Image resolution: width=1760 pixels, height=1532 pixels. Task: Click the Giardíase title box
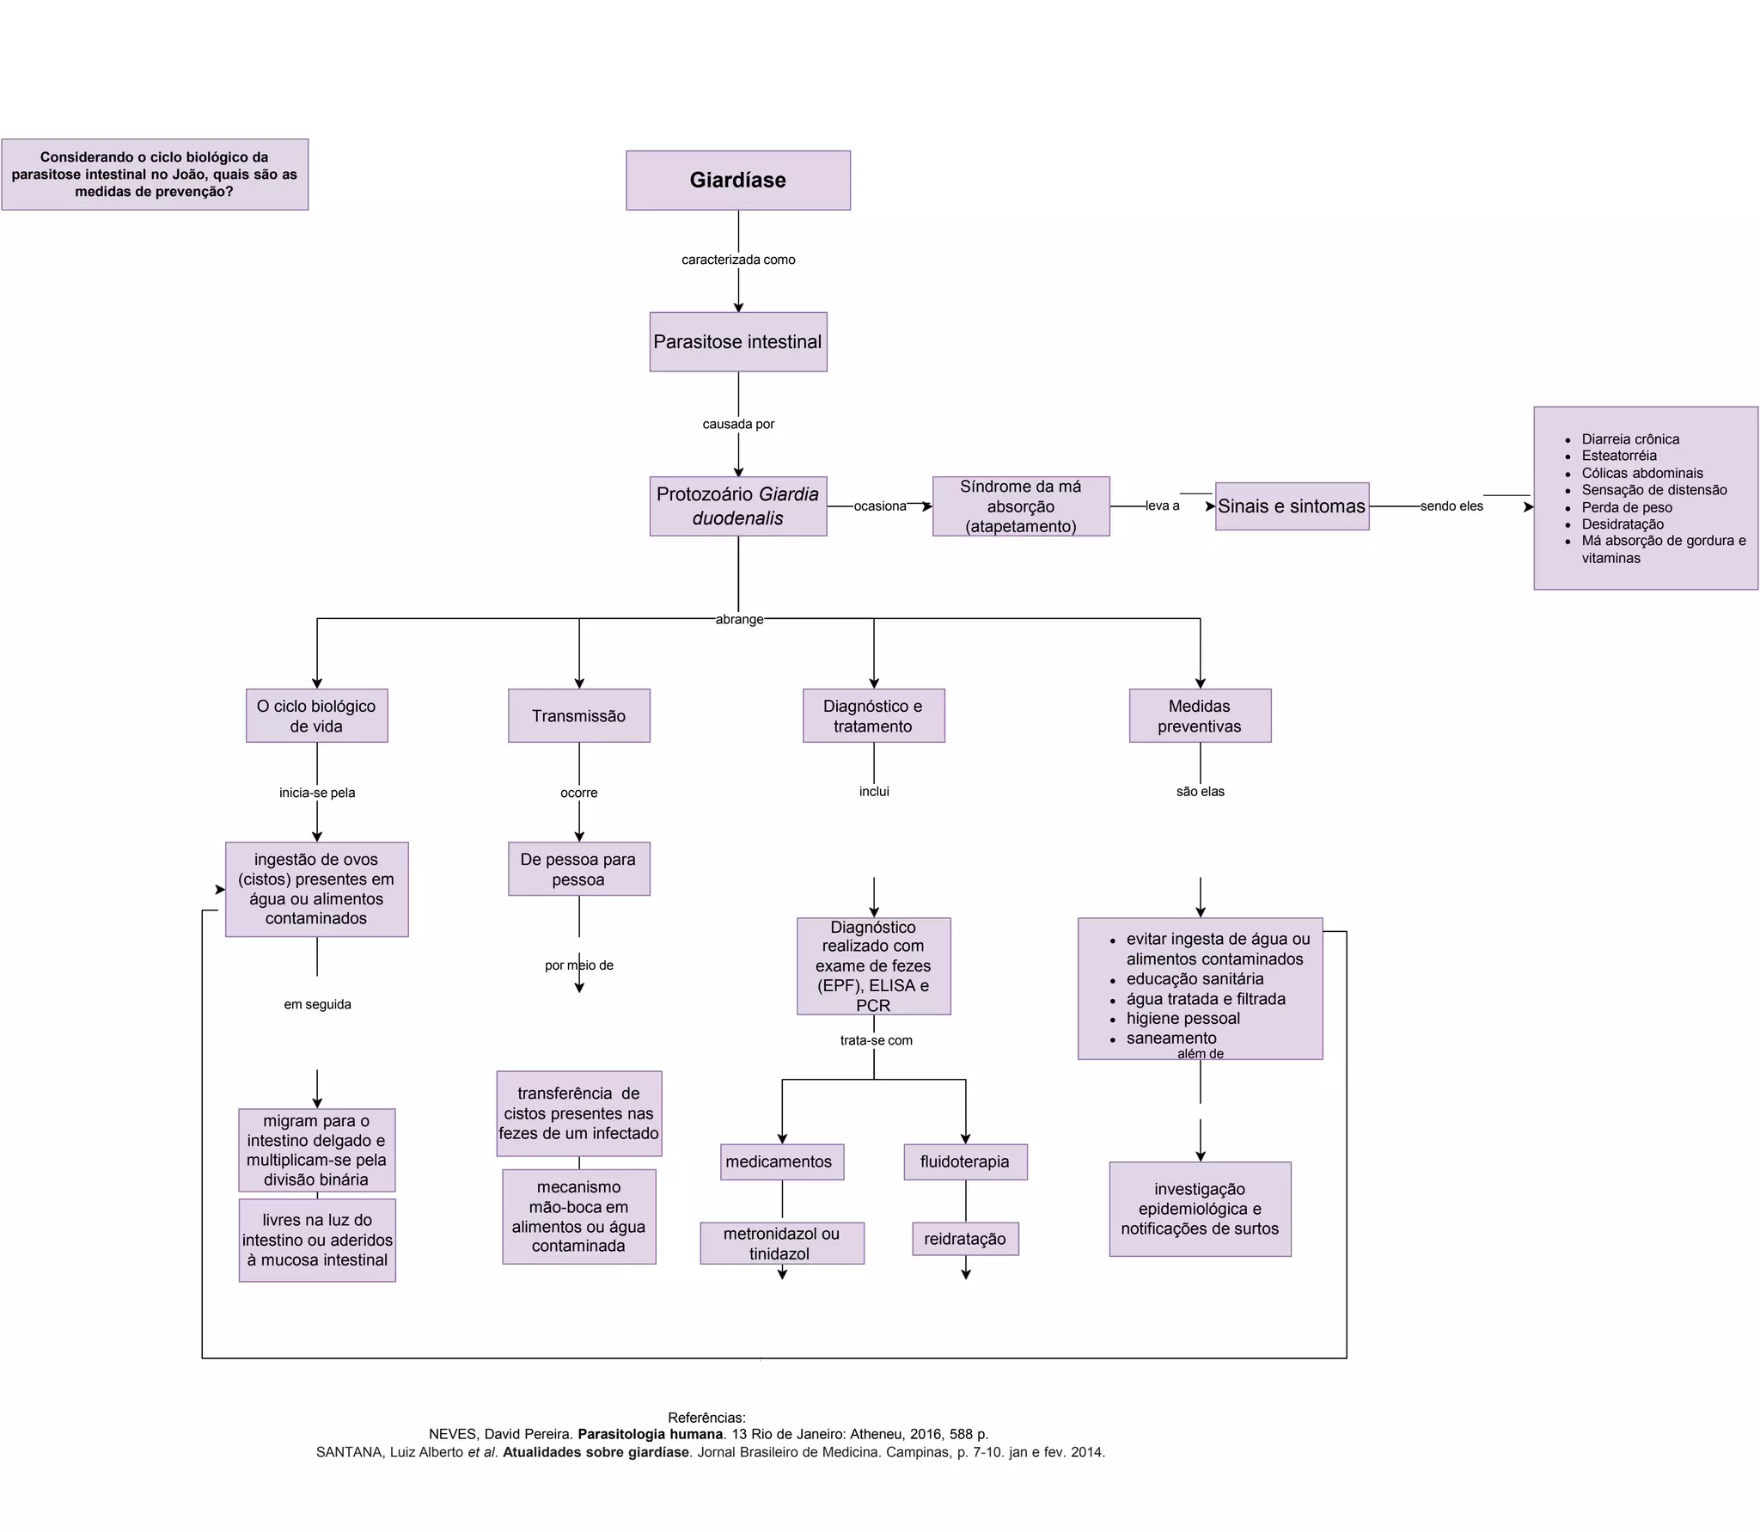[x=737, y=181]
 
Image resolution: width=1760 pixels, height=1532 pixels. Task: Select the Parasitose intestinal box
[x=737, y=342]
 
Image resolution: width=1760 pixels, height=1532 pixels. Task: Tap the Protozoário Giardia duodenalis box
[x=737, y=506]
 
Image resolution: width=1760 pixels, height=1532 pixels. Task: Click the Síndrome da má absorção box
[x=1020, y=506]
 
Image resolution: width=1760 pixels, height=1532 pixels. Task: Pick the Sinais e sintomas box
[x=1291, y=506]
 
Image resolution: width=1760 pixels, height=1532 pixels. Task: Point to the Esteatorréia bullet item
[x=1618, y=456]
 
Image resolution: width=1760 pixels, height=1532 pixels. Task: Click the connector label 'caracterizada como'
[x=738, y=260]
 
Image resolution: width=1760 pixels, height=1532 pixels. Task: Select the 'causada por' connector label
[x=738, y=424]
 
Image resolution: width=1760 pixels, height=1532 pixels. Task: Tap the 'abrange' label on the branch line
[x=739, y=619]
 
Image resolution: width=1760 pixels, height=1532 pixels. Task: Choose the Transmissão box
[x=578, y=716]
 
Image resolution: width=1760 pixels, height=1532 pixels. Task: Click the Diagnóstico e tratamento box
[x=873, y=716]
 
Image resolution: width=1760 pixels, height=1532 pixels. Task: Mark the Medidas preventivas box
[x=1199, y=716]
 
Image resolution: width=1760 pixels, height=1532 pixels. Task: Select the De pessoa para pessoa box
[x=578, y=869]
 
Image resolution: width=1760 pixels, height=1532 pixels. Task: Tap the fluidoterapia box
[x=964, y=1161]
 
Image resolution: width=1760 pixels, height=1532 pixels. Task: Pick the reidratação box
[x=964, y=1239]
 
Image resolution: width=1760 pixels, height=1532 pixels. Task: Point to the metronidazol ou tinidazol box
[x=781, y=1243]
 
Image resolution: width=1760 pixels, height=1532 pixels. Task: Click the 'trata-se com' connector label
[x=876, y=1040]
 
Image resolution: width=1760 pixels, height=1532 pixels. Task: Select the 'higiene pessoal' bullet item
[x=1182, y=1019]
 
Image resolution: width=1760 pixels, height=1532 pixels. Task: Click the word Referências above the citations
[x=706, y=1418]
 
